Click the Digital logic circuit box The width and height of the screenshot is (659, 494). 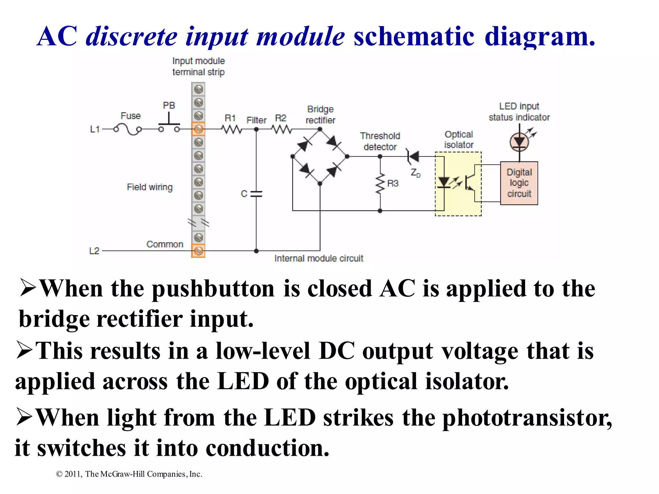coord(519,183)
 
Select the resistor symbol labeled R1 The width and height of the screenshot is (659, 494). coord(232,129)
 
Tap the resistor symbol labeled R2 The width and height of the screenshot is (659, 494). coord(282,129)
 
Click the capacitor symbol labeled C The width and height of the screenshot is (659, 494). coord(256,194)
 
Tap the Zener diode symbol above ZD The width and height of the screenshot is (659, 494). coord(413,157)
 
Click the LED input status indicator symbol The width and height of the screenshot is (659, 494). coord(519,142)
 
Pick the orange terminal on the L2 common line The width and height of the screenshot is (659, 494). coord(198,251)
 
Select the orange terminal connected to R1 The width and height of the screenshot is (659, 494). coord(198,129)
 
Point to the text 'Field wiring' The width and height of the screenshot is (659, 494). coord(150,187)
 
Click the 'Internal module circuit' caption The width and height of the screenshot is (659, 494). coord(319,259)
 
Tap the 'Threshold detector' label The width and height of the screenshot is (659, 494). coord(380,142)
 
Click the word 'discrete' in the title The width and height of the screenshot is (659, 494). coord(132,36)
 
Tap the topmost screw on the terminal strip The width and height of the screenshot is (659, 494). coord(199,89)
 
